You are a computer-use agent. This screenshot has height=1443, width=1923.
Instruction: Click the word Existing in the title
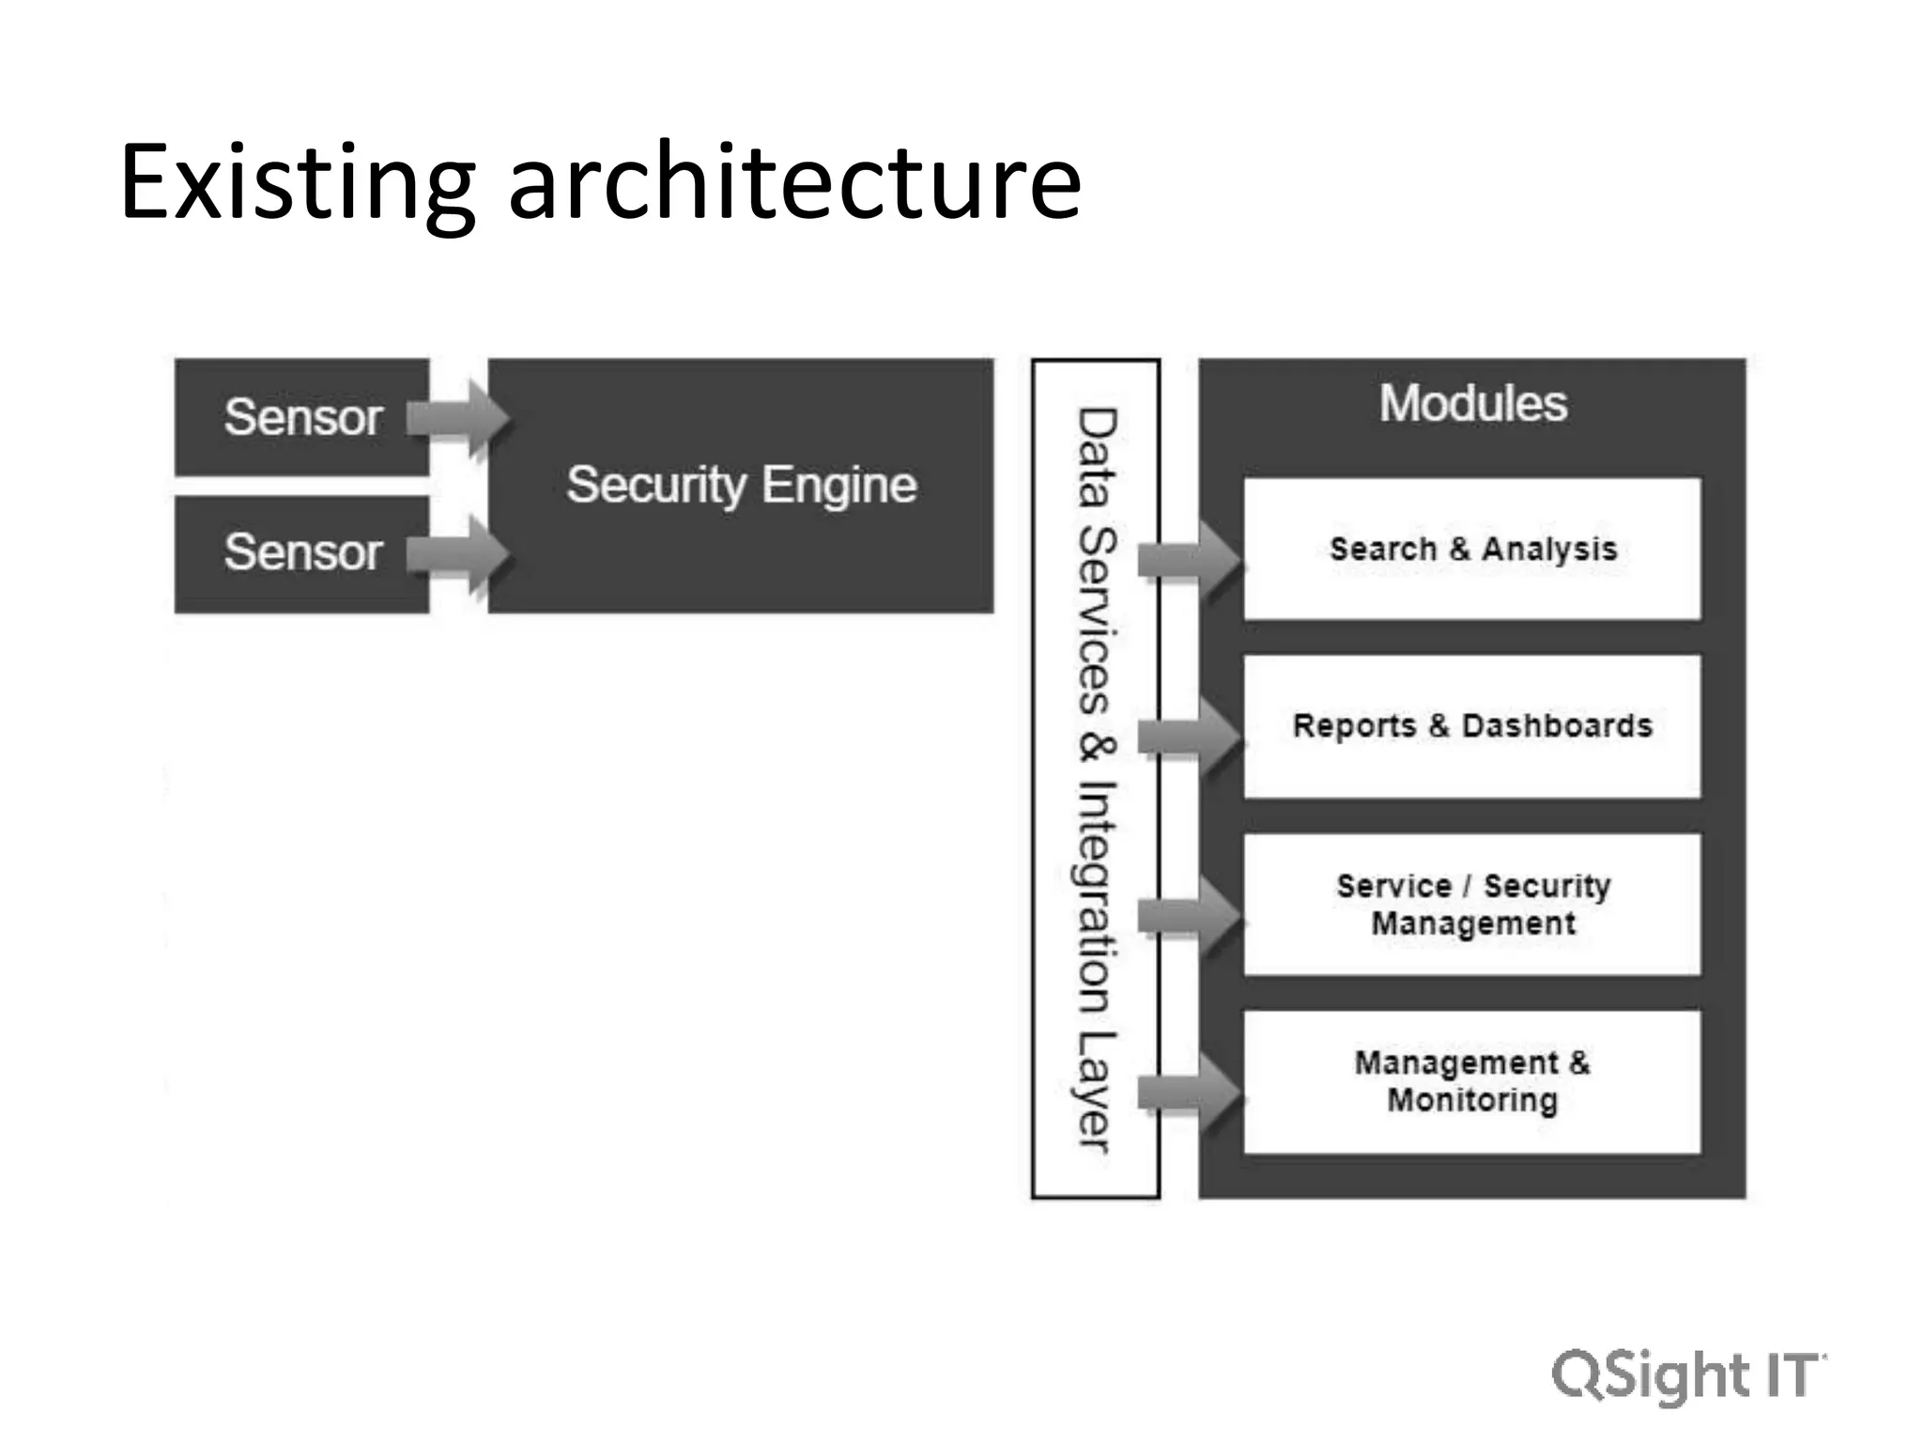click(x=297, y=183)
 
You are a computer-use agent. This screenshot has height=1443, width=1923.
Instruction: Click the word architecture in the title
click(x=794, y=183)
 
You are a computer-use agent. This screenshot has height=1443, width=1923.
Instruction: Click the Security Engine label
click(x=741, y=485)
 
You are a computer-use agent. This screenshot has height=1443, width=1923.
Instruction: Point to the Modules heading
click(x=1472, y=404)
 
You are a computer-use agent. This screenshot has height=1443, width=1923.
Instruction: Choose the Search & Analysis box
click(x=1472, y=549)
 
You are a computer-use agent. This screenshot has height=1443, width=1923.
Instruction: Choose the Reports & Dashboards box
click(x=1472, y=725)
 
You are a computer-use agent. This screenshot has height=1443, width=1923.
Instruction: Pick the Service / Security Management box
click(x=1472, y=904)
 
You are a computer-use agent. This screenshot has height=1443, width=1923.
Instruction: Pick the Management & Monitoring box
click(x=1472, y=1081)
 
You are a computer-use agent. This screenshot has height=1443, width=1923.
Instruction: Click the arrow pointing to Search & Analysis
click(x=1189, y=560)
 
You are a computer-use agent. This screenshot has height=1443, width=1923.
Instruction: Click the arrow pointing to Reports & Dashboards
click(x=1189, y=737)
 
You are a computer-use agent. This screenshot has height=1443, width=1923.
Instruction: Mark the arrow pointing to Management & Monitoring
click(x=1189, y=1093)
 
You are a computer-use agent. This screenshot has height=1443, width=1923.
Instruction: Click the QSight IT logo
click(x=1688, y=1375)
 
